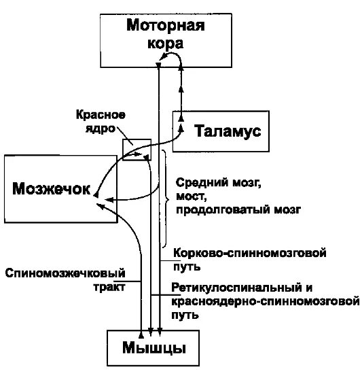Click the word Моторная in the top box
(166, 27)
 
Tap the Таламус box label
(228, 131)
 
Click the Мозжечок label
(52, 188)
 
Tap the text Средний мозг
(217, 183)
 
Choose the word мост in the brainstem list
(188, 196)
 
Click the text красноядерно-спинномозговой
(265, 301)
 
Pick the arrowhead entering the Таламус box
(181, 126)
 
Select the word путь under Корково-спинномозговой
(186, 265)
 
